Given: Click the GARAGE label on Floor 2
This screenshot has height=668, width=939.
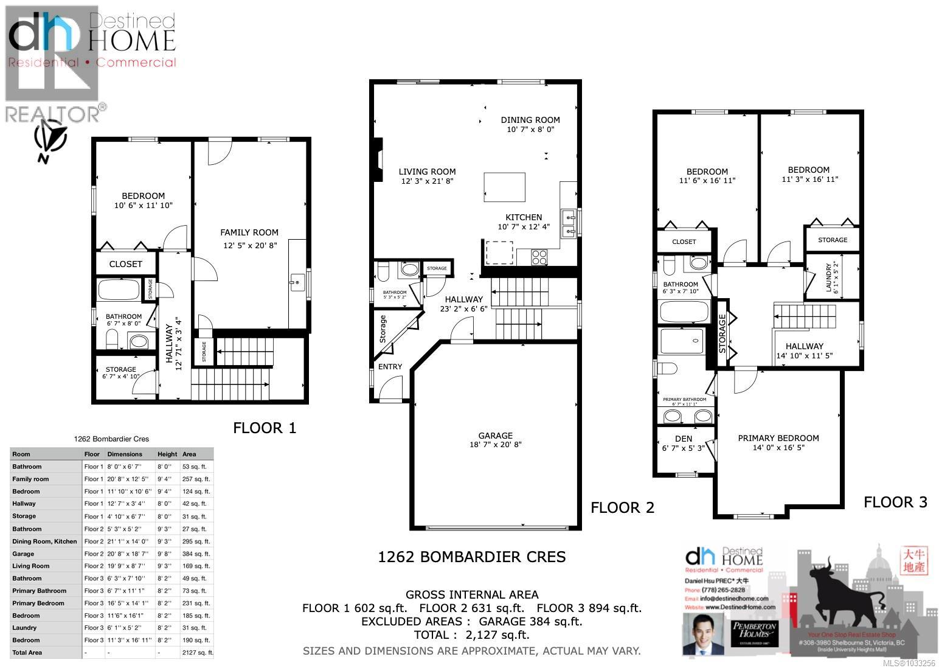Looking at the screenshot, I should tap(495, 436).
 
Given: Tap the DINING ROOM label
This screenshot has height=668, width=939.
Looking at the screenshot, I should tap(530, 120).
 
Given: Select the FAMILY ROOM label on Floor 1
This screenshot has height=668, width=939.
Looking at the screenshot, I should tap(249, 232).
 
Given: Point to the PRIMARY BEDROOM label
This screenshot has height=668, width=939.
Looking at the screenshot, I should tap(778, 438).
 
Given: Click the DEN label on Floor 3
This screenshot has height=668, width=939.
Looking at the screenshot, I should tap(684, 439).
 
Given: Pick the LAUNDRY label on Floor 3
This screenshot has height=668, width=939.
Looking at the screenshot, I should tap(829, 277).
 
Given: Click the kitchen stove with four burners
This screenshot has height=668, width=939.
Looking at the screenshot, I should tap(539, 257).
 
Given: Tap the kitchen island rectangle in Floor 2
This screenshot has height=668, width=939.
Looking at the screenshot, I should tap(504, 187).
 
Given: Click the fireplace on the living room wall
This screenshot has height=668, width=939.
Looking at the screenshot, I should tap(378, 160).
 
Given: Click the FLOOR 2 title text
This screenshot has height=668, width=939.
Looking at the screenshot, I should tap(622, 507).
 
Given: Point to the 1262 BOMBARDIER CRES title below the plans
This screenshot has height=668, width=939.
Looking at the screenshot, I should tap(471, 557).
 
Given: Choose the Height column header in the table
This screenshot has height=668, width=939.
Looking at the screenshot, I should tap(167, 454).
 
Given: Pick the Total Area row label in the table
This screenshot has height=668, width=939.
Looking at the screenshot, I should tap(27, 652).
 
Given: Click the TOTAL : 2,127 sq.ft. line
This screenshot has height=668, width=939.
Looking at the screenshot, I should tap(471, 635).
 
